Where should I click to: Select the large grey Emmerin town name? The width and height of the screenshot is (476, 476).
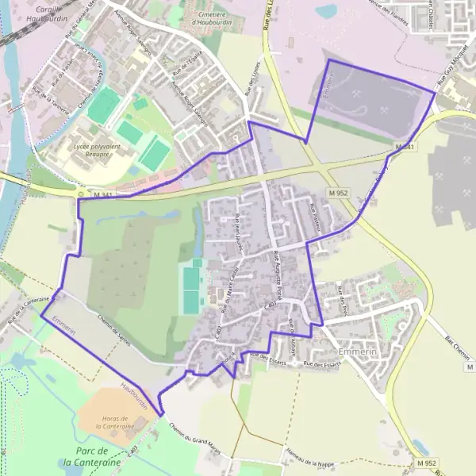tap(355, 351)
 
